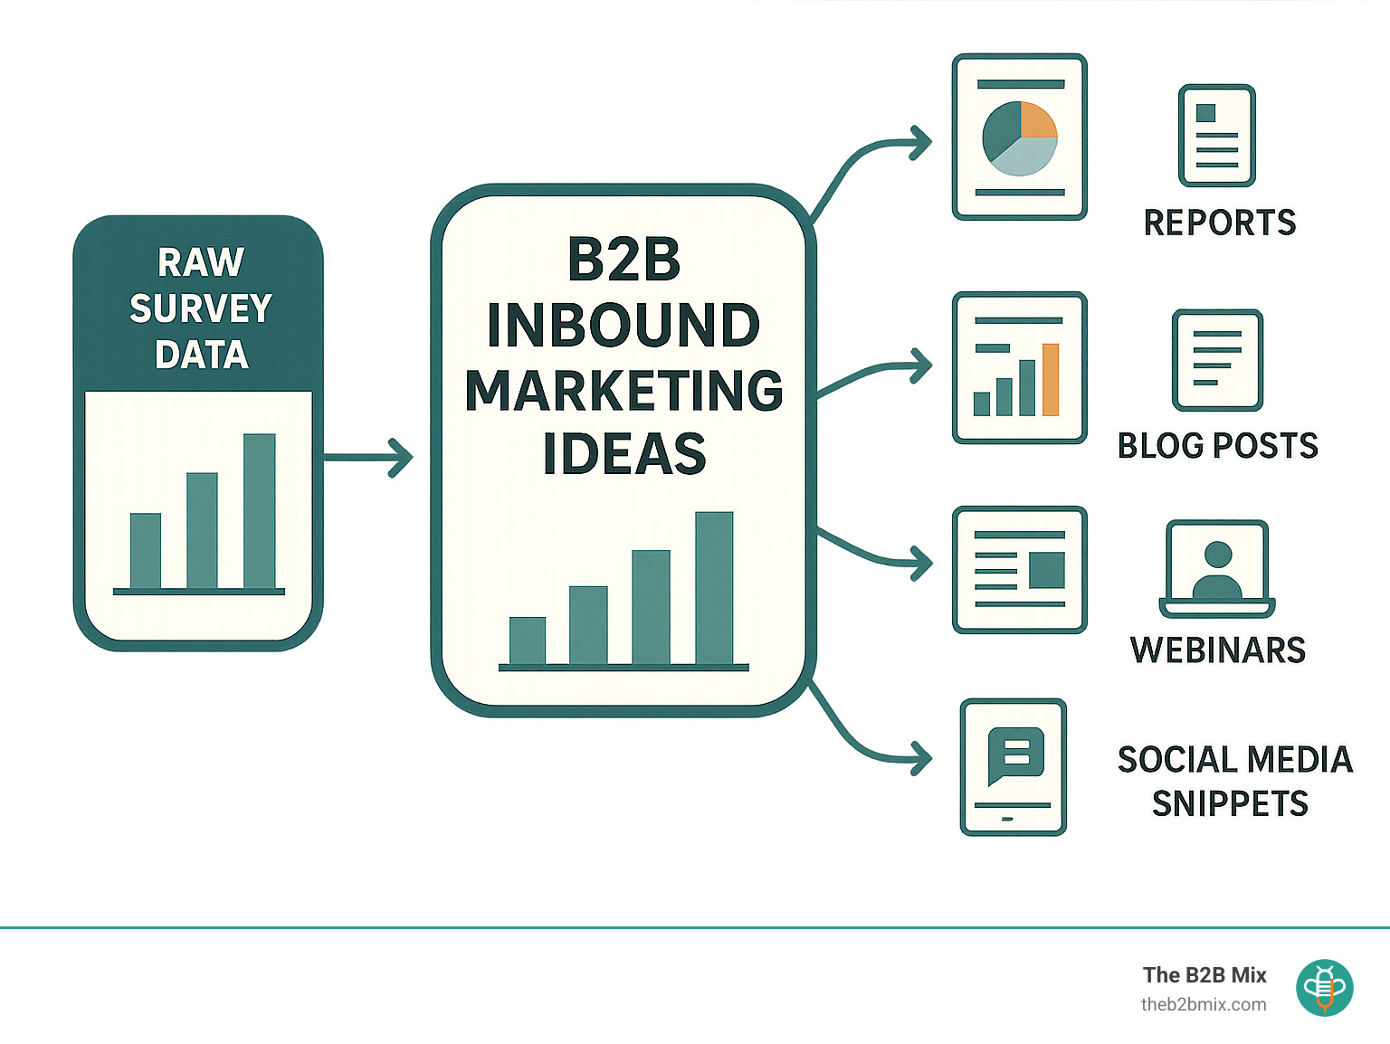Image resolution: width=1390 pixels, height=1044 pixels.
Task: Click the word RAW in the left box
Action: (x=201, y=263)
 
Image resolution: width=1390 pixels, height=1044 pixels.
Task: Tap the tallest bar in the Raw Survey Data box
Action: (x=259, y=511)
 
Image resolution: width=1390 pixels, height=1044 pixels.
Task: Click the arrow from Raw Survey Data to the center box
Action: (x=367, y=458)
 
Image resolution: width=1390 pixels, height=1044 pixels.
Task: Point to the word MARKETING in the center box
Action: (x=624, y=391)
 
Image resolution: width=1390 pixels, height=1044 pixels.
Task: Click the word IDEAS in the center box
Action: (x=624, y=454)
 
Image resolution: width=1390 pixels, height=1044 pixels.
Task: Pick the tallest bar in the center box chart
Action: (x=714, y=587)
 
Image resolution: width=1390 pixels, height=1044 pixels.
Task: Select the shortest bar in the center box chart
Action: (x=528, y=641)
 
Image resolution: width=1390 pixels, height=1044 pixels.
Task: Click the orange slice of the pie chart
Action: (x=1037, y=120)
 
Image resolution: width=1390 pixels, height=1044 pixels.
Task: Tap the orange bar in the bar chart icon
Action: (x=1051, y=380)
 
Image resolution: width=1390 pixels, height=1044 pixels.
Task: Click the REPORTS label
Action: (x=1219, y=223)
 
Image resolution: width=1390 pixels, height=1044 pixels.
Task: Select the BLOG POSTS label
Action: (x=1217, y=446)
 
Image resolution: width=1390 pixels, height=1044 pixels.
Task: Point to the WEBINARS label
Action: (x=1217, y=650)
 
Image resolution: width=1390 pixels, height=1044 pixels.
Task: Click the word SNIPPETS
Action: (x=1230, y=803)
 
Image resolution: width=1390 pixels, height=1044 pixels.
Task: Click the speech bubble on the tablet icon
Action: (x=1015, y=755)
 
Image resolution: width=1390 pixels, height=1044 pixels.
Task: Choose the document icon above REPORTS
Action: (x=1217, y=136)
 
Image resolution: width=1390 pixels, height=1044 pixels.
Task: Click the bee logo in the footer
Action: (x=1324, y=987)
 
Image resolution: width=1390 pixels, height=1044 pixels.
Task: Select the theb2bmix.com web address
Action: (x=1204, y=1004)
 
